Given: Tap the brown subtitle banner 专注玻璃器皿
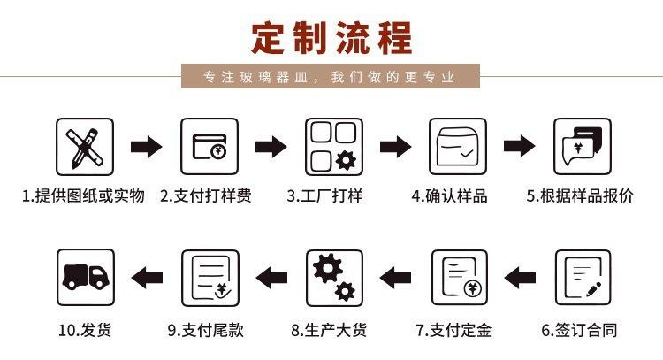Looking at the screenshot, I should pyautogui.click(x=331, y=77).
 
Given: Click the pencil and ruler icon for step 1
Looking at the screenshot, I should pyautogui.click(x=85, y=147).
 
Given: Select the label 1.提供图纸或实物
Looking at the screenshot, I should pyautogui.click(x=83, y=196).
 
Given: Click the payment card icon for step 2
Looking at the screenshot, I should pyautogui.click(x=210, y=147).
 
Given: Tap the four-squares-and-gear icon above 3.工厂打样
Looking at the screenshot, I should pyautogui.click(x=334, y=147).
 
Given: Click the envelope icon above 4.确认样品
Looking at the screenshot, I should pyautogui.click(x=459, y=147).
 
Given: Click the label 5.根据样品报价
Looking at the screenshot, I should pyautogui.click(x=580, y=196).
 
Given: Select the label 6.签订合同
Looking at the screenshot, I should pyautogui.click(x=579, y=332).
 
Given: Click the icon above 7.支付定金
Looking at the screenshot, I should pyautogui.click(x=459, y=278).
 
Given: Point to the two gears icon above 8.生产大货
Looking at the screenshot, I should pyautogui.click(x=334, y=278).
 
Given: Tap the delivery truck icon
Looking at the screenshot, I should pyautogui.click(x=85, y=278).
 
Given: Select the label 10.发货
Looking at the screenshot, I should pyautogui.click(x=85, y=332).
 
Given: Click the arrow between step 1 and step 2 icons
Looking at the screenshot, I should pyautogui.click(x=147, y=147).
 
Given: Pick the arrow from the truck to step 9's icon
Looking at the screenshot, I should pyautogui.click(x=147, y=278).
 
